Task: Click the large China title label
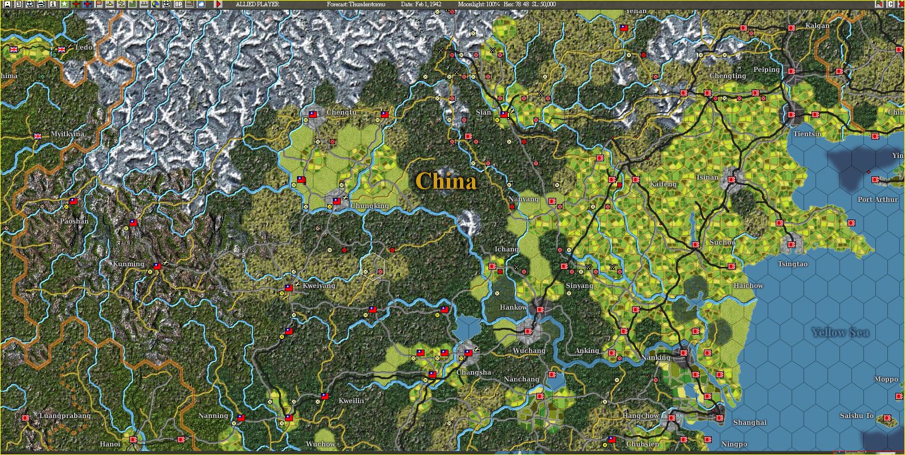click(x=446, y=181)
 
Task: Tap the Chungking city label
click(x=369, y=206)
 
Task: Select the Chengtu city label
click(x=341, y=112)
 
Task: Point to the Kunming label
click(x=128, y=265)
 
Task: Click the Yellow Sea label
click(x=839, y=332)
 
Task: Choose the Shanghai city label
click(x=750, y=422)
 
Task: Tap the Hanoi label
click(x=110, y=444)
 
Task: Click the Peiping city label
click(x=767, y=70)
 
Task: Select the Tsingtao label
click(x=793, y=264)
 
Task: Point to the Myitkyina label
click(x=67, y=134)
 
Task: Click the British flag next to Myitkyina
click(x=38, y=136)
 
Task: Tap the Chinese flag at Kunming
click(x=157, y=266)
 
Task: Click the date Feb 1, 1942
click(x=421, y=4)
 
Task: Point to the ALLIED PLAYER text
click(x=257, y=4)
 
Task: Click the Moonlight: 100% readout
click(x=478, y=4)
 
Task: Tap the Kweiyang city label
click(x=319, y=286)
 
